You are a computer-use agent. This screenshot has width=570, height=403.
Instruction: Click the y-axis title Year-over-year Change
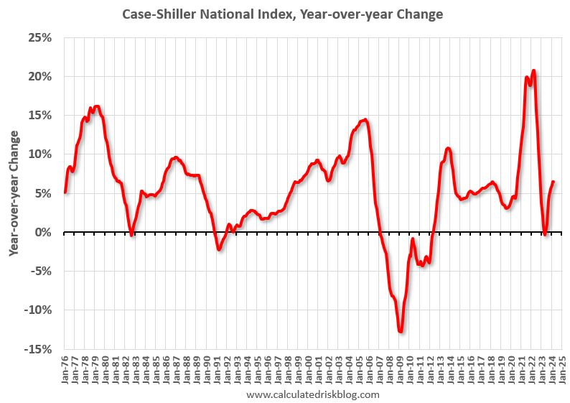(14, 193)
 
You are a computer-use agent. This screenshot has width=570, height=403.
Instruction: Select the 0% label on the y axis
(46, 232)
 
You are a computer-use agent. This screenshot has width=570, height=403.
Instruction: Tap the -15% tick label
(39, 349)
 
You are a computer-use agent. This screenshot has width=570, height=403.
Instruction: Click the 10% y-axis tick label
(42, 154)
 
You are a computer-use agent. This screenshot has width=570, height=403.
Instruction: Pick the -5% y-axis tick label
(42, 272)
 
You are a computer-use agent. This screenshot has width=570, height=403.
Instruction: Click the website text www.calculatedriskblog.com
(312, 394)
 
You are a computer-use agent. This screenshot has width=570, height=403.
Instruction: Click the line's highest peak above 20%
(533, 70)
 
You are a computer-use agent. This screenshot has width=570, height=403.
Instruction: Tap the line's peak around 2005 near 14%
(365, 120)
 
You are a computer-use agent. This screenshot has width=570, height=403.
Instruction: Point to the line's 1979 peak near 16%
(97, 106)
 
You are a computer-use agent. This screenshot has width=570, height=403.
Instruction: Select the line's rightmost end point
(553, 182)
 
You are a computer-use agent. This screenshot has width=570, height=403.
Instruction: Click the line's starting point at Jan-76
(65, 192)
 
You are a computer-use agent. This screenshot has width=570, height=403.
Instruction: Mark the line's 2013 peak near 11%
(448, 149)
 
